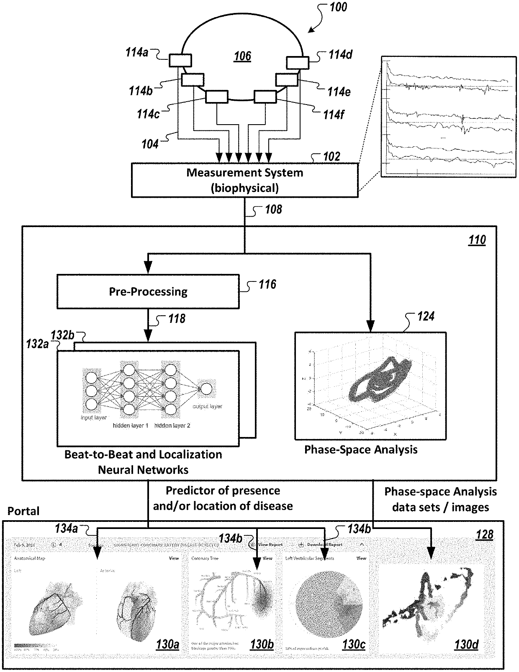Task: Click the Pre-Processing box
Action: tap(148, 291)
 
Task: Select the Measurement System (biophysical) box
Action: tap(244, 180)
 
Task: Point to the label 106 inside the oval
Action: tap(242, 56)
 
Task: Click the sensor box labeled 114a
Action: tap(180, 61)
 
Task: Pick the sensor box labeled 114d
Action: tap(297, 62)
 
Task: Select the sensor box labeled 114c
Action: tap(217, 97)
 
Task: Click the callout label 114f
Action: tap(333, 114)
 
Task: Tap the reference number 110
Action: tap(477, 240)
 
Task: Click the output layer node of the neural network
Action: tap(206, 389)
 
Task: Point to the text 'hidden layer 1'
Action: tap(130, 426)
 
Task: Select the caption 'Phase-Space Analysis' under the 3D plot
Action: tap(361, 450)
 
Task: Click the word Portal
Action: tap(23, 511)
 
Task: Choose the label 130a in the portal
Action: tap(167, 644)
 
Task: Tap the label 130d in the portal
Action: tap(466, 644)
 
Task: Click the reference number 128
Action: tap(484, 534)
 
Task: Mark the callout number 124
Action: tap(426, 316)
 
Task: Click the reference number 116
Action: tap(267, 285)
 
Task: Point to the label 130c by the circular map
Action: tap(354, 644)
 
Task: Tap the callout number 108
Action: tap(273, 210)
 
